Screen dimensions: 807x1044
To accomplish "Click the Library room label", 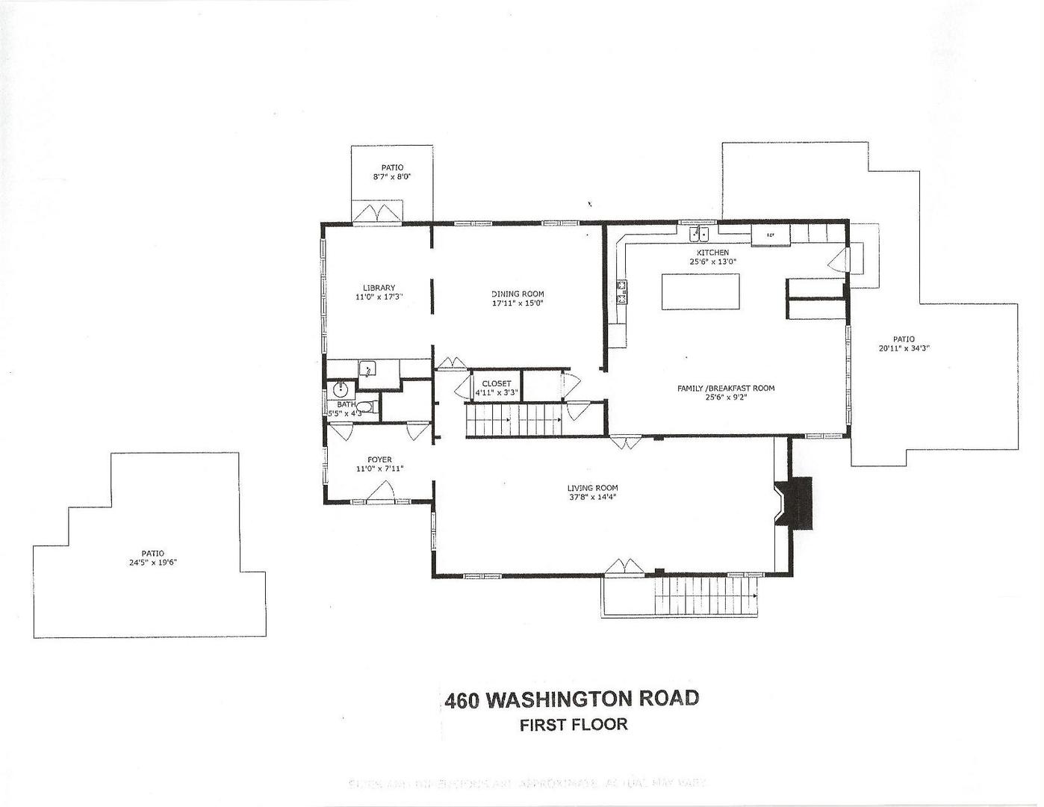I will (x=379, y=288).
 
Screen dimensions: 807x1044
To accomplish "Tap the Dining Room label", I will (x=518, y=294).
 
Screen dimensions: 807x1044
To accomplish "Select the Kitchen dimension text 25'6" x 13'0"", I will (x=713, y=262).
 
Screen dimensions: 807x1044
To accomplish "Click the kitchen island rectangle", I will (x=700, y=291).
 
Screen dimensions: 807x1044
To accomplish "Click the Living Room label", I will (x=592, y=488).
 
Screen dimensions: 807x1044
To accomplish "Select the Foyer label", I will (x=379, y=460).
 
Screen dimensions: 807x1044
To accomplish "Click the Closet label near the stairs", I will (x=497, y=383).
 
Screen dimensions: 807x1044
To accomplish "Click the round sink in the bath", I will (x=341, y=389).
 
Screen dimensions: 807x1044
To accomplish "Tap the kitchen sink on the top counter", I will (x=699, y=234).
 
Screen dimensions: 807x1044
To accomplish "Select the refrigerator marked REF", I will (x=770, y=235).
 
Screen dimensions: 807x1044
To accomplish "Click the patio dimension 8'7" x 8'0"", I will (x=393, y=177).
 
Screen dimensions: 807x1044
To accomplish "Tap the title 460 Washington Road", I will (x=571, y=699).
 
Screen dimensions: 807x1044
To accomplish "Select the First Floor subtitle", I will (x=574, y=724).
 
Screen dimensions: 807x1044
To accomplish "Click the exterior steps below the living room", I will (x=706, y=595).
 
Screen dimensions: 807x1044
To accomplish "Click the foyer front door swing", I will (x=382, y=491).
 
